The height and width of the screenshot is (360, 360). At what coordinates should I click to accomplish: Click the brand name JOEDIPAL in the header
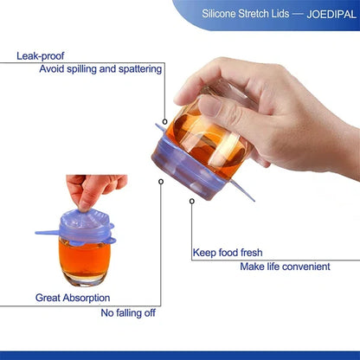coord(331,14)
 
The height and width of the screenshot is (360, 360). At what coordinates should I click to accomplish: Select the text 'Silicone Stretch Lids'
coord(246,14)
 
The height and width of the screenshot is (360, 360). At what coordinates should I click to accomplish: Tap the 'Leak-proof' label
coord(41,56)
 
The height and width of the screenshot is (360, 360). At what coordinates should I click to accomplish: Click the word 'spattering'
coord(140,69)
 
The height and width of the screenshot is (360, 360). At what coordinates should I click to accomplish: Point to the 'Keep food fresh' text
coord(228,253)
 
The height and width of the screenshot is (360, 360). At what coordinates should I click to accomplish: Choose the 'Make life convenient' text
coord(285,267)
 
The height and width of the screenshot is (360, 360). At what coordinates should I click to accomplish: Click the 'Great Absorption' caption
coord(73,298)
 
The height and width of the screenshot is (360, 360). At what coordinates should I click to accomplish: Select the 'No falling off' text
coord(128,313)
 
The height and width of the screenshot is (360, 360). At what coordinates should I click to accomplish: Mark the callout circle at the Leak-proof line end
coord(164,121)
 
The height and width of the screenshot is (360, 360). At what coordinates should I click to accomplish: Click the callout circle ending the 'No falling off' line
coord(161,182)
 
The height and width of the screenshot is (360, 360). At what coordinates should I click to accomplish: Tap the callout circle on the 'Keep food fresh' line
coord(192,201)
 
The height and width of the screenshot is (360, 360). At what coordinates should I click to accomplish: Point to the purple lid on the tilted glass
coord(189,170)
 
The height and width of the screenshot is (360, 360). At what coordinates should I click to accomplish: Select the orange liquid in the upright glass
coord(85,257)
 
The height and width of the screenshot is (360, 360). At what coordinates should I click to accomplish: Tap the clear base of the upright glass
coord(85,280)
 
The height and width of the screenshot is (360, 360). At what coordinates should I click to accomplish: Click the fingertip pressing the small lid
coord(84,206)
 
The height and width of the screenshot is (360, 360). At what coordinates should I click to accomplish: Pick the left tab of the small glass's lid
coord(48,232)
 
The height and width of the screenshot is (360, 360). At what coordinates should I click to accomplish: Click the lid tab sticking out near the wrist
coord(243,190)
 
